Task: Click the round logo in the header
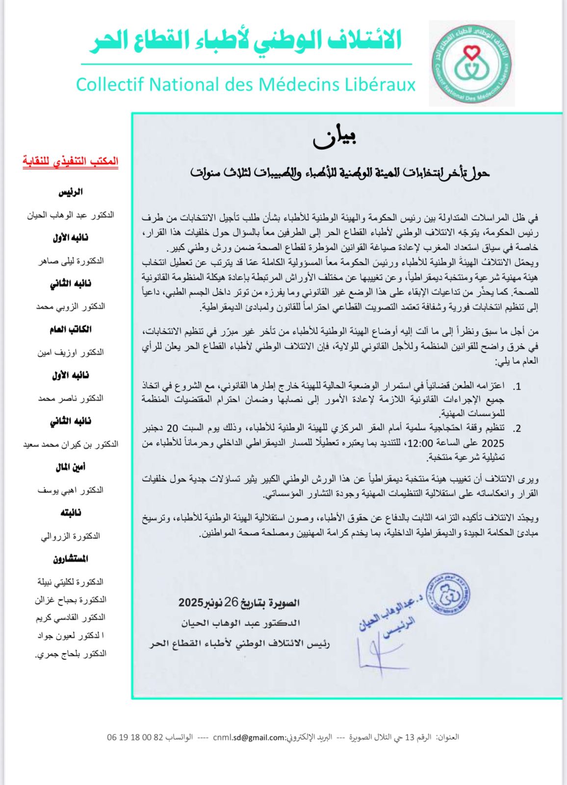pos(471,64)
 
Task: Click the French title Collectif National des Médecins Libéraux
pos(246,84)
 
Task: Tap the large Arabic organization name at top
pos(246,40)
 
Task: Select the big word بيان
pos(334,139)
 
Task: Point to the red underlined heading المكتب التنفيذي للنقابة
pos(70,161)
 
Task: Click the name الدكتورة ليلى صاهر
pos(71,261)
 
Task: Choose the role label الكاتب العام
pos(71,329)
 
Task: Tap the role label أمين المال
pos(71,467)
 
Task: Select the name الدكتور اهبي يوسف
pos(71,490)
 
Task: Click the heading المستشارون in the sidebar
pos(71,559)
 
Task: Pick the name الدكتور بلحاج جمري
pos(71,654)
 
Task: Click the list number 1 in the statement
pos(517,387)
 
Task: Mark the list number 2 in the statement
pos(517,429)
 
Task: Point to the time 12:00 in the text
pos(420,444)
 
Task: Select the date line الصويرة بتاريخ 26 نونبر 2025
pos(239,602)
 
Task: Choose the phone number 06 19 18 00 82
pos(135,737)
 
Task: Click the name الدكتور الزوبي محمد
pos(71,307)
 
